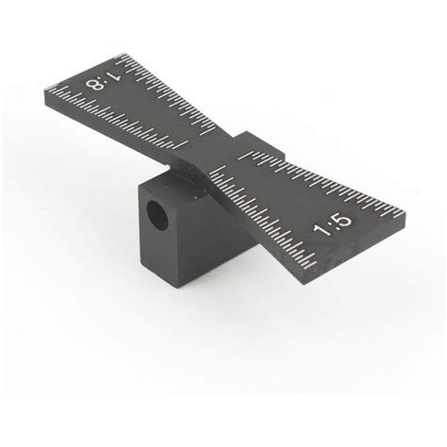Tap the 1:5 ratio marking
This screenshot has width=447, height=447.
333,224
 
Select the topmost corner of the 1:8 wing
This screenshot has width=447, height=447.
123,55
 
